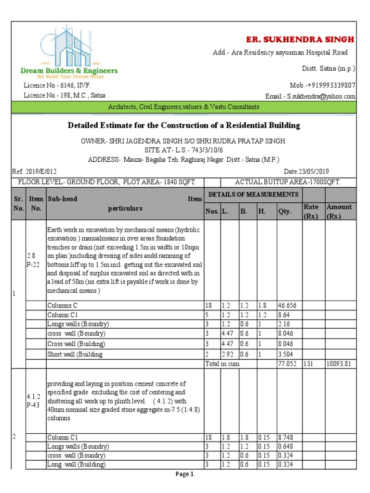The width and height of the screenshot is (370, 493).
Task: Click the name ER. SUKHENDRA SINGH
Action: [300, 39]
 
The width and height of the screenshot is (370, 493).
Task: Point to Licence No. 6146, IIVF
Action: [57, 85]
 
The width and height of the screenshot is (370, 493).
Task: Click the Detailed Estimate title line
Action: [184, 126]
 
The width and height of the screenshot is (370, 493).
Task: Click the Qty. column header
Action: [285, 211]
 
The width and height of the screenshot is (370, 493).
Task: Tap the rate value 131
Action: [309, 364]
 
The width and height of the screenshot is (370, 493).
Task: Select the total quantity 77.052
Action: [286, 364]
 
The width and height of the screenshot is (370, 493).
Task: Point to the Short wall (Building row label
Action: [75, 355]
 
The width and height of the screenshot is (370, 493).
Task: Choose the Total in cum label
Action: [222, 364]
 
